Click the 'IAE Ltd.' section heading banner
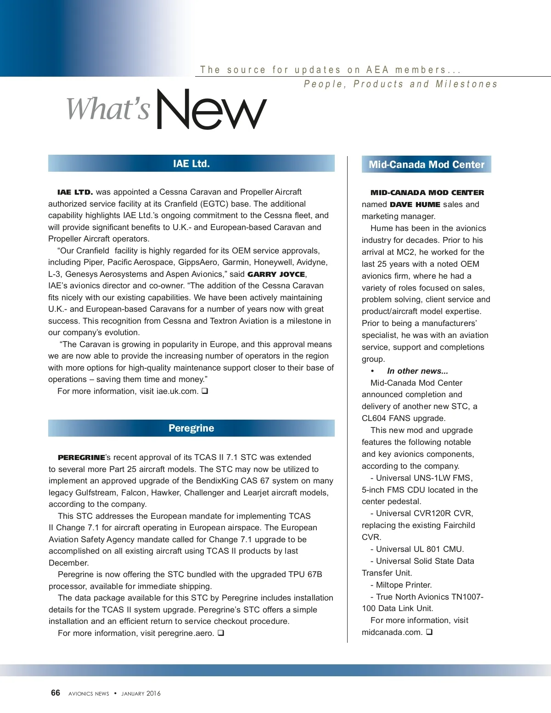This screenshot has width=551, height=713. (191, 163)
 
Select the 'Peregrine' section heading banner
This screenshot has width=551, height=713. (191, 428)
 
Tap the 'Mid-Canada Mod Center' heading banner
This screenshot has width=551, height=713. (426, 164)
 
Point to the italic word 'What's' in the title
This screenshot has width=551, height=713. (108, 109)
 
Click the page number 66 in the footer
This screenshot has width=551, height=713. (56, 693)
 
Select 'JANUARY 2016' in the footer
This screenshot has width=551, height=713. (141, 693)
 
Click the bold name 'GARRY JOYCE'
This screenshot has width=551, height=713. (276, 274)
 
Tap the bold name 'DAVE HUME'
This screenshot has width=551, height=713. (415, 204)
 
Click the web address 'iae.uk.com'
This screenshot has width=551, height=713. (176, 391)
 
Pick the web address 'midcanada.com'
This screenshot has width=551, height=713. (391, 632)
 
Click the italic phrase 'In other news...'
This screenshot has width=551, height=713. (417, 371)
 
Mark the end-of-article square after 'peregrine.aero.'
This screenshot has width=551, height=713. (221, 633)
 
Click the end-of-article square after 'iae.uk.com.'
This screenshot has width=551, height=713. (205, 391)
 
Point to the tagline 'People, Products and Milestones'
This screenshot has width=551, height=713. (400, 84)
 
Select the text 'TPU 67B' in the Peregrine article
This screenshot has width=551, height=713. (305, 574)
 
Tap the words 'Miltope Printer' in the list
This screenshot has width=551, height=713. (403, 585)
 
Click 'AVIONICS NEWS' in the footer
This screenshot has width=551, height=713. (89, 693)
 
